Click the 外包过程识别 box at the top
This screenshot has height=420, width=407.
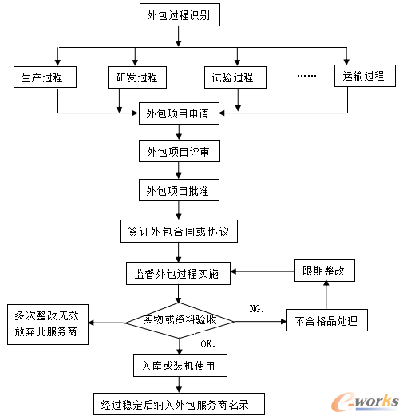tap(178, 15)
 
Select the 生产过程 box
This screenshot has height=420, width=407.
tap(44, 77)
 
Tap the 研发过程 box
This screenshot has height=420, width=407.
tap(136, 77)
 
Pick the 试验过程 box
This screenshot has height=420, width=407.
tap(232, 77)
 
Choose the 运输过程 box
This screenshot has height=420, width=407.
tap(363, 77)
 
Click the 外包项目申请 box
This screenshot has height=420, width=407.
tap(178, 113)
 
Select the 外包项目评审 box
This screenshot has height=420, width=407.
tap(178, 152)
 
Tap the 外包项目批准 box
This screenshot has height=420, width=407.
tap(178, 192)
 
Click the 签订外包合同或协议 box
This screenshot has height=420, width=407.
tap(178, 232)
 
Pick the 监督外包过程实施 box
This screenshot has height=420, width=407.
tap(178, 272)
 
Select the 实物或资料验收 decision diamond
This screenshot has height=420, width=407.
tap(178, 322)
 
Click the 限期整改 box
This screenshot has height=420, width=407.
tap(324, 271)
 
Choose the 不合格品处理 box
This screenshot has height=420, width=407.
tap(326, 322)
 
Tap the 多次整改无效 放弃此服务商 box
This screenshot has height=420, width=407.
tap(46, 323)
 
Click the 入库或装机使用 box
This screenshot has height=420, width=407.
tap(178, 365)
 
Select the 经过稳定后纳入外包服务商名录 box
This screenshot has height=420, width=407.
tap(176, 405)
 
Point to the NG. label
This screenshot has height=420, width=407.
tap(257, 307)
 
